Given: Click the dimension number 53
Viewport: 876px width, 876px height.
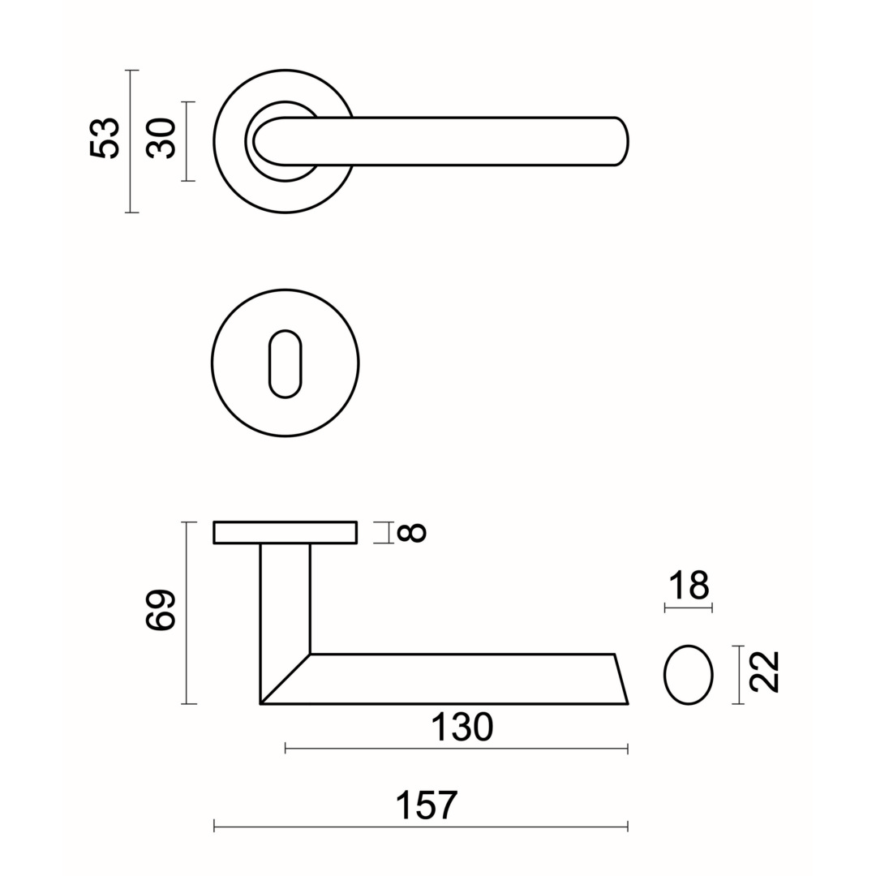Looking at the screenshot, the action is point(105,138).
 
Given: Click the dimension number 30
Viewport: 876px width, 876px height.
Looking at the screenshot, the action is point(161,138).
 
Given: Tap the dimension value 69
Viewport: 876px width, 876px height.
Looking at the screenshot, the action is point(161,610).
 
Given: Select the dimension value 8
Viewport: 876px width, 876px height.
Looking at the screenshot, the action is point(411,532).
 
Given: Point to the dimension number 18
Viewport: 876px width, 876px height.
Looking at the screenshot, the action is point(689,586).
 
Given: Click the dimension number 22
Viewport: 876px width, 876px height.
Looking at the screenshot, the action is point(764,672).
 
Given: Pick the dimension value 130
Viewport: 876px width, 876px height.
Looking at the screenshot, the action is point(462,727).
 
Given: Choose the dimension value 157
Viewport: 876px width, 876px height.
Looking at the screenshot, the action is point(427,805).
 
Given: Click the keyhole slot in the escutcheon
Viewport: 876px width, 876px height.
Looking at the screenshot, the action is point(285,363).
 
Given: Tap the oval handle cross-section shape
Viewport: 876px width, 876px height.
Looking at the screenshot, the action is point(689,675).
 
